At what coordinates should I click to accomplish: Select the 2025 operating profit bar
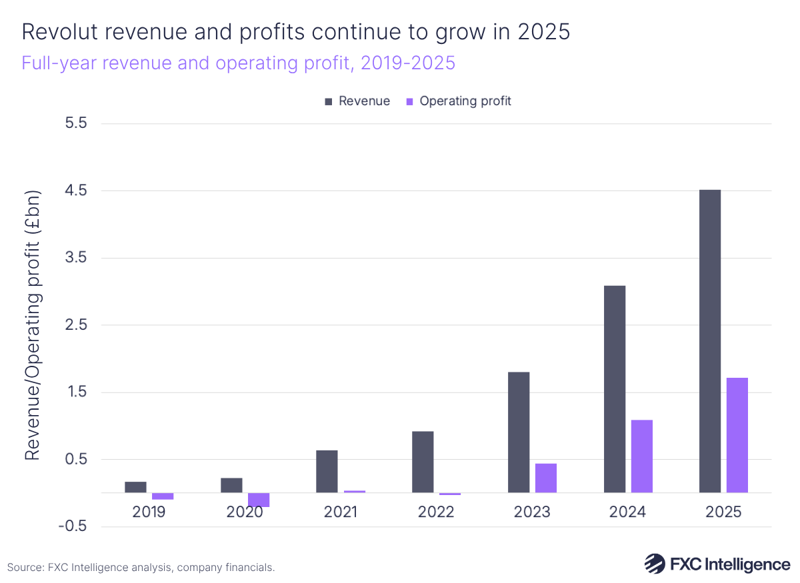coord(737,435)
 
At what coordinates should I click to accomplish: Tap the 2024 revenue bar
coord(614,389)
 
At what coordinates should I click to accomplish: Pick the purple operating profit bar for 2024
coord(641,456)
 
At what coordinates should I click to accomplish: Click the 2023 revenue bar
coord(518,432)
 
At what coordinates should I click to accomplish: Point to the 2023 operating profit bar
coord(545,478)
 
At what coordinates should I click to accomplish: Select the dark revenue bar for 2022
coord(423,462)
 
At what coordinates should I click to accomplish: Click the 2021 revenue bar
coord(327,471)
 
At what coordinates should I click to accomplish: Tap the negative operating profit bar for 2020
coord(258,500)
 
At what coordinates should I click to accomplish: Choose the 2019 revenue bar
coord(135,487)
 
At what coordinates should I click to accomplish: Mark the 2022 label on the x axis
coord(436,512)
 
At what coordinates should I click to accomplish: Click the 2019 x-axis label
coord(149,512)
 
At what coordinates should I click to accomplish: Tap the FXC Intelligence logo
coord(717,564)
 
